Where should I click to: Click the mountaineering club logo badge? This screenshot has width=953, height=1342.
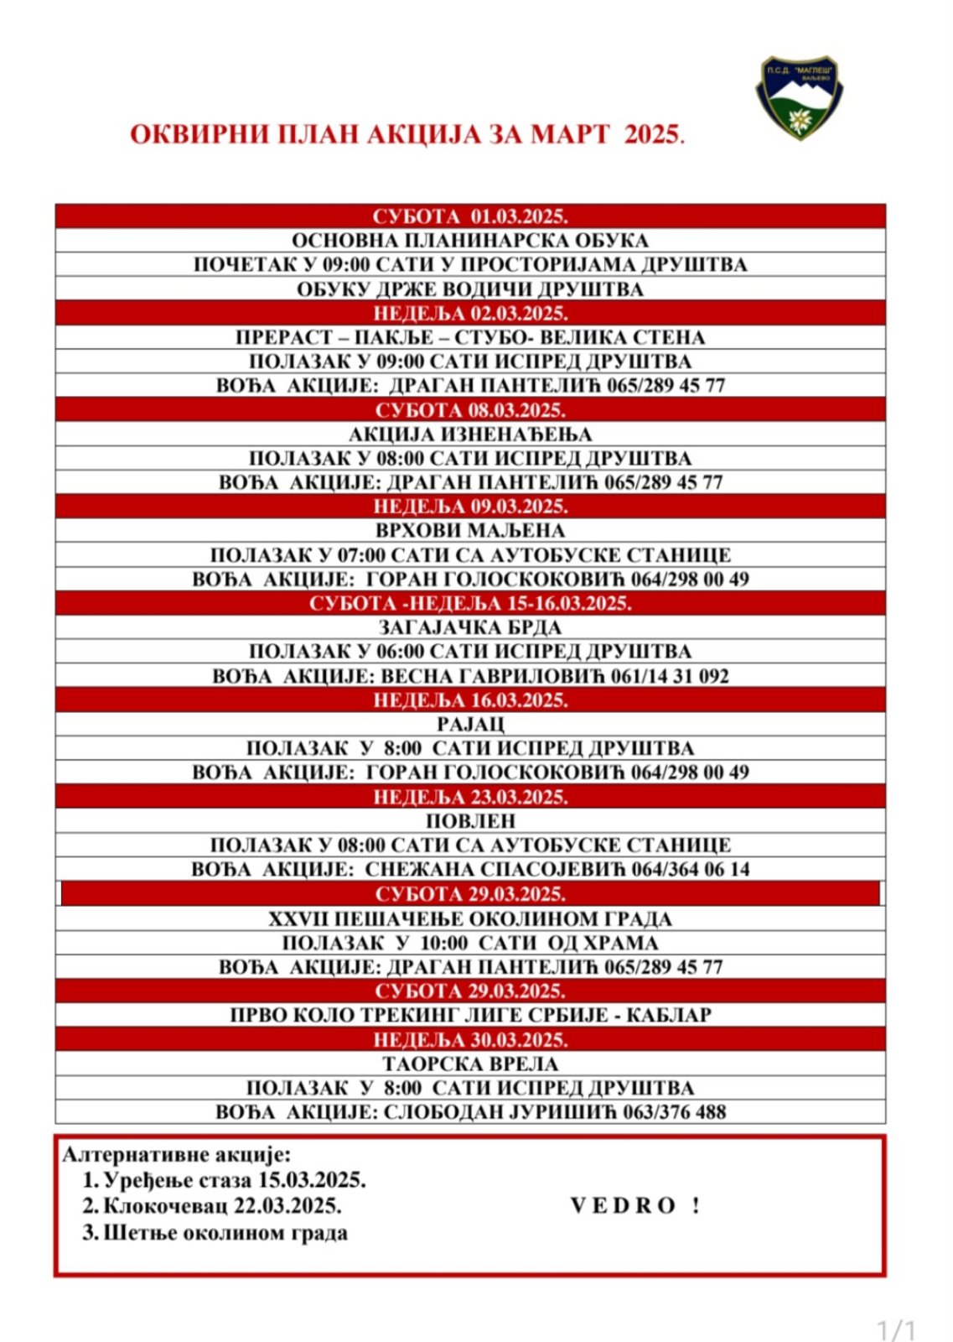pos(799,96)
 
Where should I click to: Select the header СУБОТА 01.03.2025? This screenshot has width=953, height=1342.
pos(470,216)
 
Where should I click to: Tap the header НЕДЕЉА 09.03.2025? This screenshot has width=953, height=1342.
pos(470,507)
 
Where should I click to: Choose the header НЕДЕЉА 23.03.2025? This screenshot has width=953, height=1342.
pos(470,797)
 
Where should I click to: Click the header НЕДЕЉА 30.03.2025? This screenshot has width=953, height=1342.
pos(470,1040)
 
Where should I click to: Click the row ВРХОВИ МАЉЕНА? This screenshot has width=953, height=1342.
pos(470,531)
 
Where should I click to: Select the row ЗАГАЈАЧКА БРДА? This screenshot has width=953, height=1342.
pos(470,627)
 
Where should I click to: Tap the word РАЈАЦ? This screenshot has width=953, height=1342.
pos(470,725)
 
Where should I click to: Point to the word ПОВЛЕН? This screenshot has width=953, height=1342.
pos(470,821)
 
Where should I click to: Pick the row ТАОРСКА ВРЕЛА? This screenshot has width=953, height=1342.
pos(470,1064)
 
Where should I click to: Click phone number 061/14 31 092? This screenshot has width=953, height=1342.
pos(667,676)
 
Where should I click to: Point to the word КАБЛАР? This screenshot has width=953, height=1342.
pos(673,1015)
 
